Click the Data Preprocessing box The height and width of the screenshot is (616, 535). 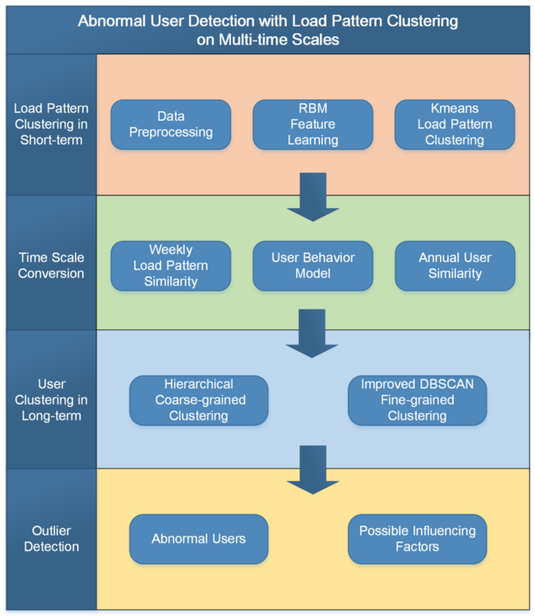click(171, 124)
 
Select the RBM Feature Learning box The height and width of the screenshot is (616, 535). click(313, 124)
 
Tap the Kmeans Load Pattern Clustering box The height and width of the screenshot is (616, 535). click(454, 124)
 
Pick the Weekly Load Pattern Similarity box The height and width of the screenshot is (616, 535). click(171, 266)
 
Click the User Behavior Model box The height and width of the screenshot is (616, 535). click(313, 266)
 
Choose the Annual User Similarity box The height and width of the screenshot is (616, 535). click(455, 266)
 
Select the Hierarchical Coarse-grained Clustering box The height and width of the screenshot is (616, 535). click(199, 400)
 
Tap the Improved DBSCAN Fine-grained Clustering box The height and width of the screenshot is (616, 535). click(417, 400)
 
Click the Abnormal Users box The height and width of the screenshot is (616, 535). click(199, 539)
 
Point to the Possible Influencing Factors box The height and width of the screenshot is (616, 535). click(417, 539)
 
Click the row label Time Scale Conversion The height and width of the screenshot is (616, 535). click(51, 266)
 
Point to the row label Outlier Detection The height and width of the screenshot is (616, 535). click(51, 539)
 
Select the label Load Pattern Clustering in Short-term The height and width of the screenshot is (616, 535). click(51, 124)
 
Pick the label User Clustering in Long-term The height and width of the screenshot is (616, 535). click(51, 400)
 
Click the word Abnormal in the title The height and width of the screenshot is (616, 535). click(112, 22)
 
